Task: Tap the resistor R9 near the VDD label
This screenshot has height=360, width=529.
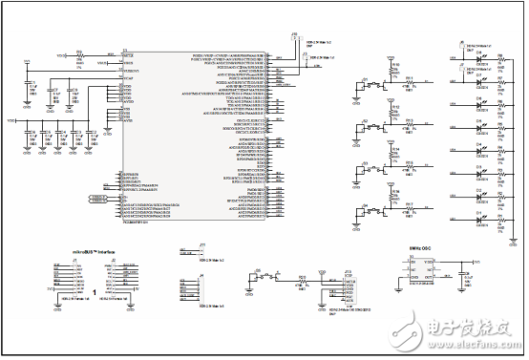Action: [x=80, y=56]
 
